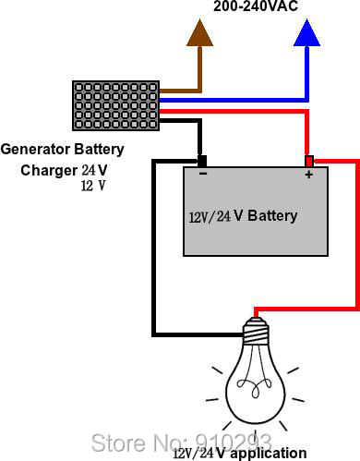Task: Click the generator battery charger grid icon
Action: coord(116,106)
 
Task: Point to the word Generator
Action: coord(35,149)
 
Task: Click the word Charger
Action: coord(49,170)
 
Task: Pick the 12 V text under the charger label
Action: coord(93,186)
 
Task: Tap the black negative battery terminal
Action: coord(202,160)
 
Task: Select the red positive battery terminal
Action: coord(309,160)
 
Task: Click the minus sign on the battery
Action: coord(202,174)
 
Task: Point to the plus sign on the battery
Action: coord(309,174)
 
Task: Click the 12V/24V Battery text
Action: coord(243,216)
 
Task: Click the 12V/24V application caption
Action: coord(239,453)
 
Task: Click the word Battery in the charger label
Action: coord(99,149)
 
